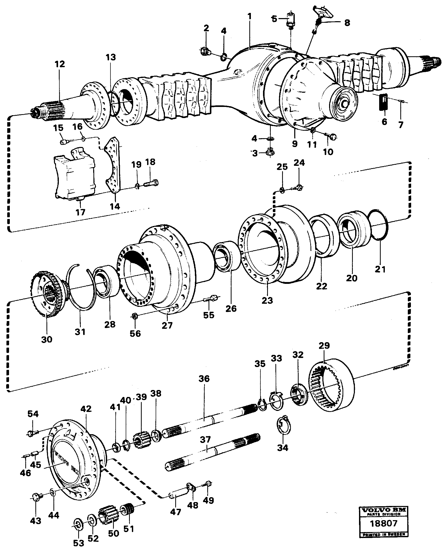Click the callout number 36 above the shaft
click(x=204, y=379)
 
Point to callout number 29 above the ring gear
click(x=324, y=345)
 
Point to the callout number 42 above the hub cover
click(x=86, y=409)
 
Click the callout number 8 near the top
click(x=347, y=23)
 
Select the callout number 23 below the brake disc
click(x=267, y=300)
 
